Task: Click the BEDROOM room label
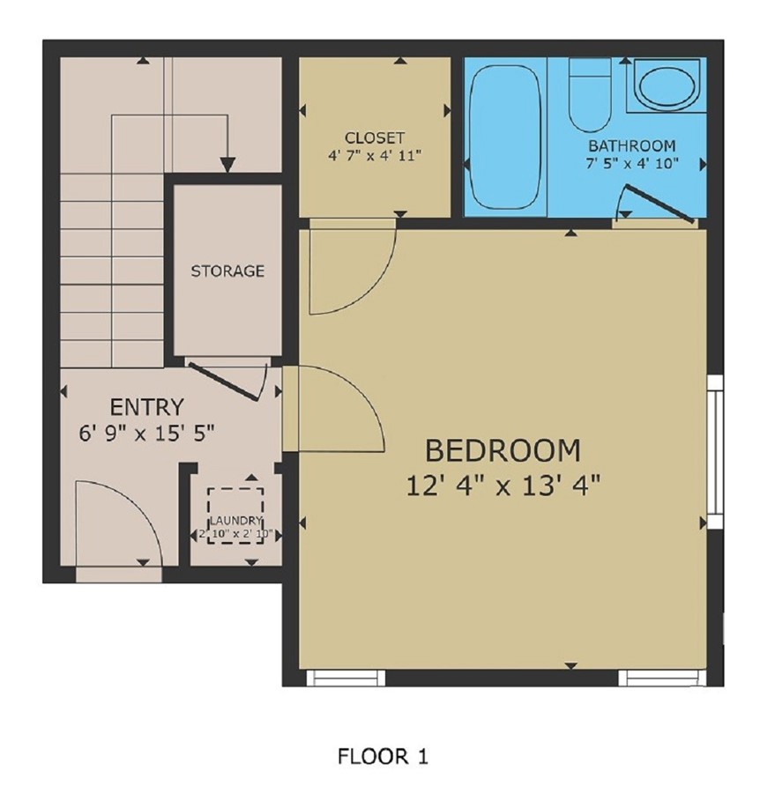(503, 450)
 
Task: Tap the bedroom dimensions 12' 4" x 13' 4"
(503, 485)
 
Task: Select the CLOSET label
(375, 137)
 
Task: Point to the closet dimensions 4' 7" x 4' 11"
(375, 155)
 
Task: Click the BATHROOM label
(632, 145)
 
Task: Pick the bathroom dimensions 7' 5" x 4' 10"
(632, 163)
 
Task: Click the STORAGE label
(227, 271)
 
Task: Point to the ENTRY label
(146, 407)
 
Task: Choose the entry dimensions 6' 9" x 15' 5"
(146, 433)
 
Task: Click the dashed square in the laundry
(235, 515)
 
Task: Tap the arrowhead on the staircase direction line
(227, 164)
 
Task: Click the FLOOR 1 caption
(383, 756)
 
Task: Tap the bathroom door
(653, 204)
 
